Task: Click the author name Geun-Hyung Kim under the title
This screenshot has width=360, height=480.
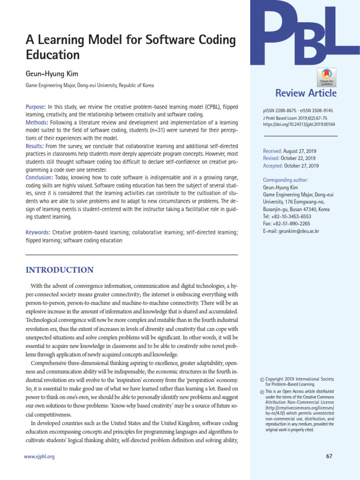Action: pos(52,74)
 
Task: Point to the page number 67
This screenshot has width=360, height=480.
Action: pos(328,457)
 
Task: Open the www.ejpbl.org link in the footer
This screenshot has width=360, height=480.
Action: pos(39,457)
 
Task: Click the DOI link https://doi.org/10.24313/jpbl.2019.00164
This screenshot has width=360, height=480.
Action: pos(300,125)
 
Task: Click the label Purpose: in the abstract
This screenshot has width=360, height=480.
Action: pos(36,107)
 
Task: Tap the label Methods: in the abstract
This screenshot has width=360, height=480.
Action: pos(37,122)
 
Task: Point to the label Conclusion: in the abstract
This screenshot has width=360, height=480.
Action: pos(39,177)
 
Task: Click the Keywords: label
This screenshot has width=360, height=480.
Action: pos(37,232)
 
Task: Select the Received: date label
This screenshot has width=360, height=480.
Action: pos(273,151)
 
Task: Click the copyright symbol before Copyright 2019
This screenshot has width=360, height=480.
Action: pos(262,380)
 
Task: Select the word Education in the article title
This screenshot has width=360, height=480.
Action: pos(52,55)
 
